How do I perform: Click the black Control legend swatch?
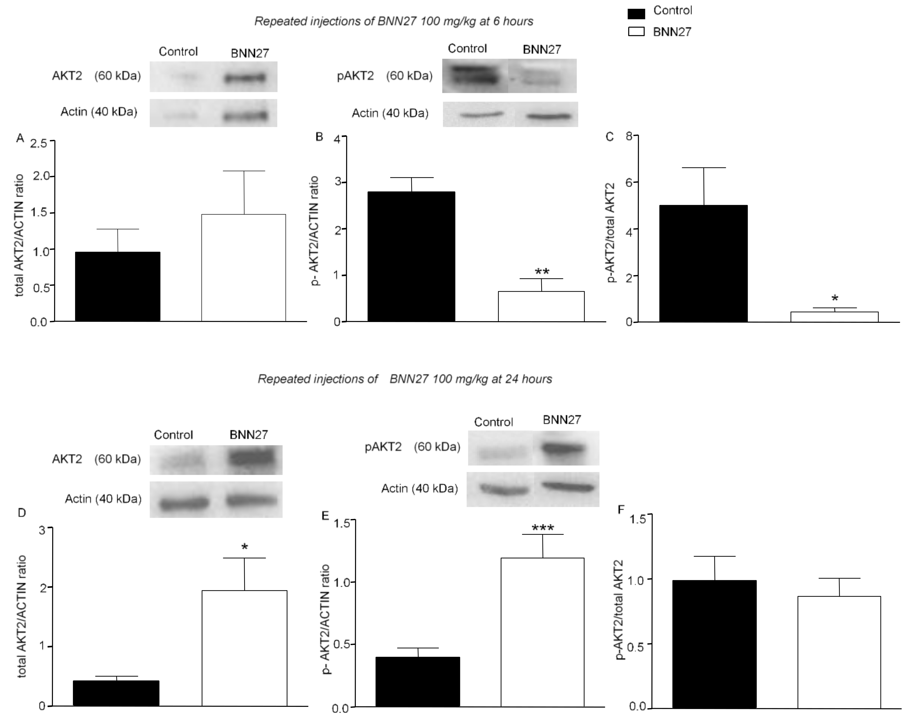pyautogui.click(x=636, y=14)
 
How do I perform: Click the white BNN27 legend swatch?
pyautogui.click(x=636, y=32)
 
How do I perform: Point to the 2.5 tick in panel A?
pyautogui.click(x=39, y=143)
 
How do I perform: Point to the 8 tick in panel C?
pyautogui.click(x=629, y=137)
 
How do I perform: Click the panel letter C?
pyautogui.click(x=610, y=137)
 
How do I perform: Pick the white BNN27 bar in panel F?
pyautogui.click(x=839, y=652)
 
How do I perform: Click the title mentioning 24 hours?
pyautogui.click(x=405, y=379)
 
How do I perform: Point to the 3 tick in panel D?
pyautogui.click(x=42, y=530)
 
